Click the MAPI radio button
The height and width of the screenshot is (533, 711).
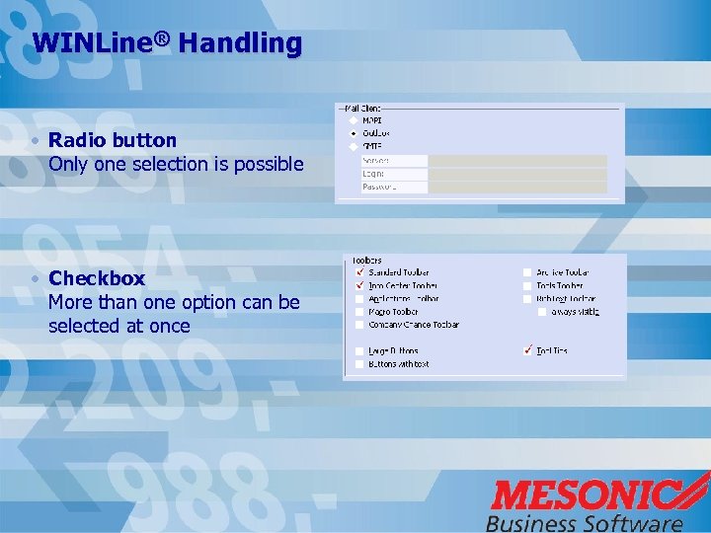point(354,120)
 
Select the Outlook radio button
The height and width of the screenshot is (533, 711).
point(354,133)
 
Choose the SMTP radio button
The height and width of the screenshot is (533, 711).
point(354,146)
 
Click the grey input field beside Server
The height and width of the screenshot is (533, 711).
point(516,161)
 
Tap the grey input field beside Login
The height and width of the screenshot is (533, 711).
point(516,174)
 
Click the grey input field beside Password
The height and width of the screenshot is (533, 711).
point(516,187)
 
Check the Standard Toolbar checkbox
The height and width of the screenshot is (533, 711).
point(358,272)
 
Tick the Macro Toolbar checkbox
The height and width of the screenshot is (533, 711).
point(358,312)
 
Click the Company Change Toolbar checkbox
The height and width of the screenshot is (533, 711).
point(358,325)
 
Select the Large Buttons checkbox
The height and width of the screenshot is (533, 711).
point(358,351)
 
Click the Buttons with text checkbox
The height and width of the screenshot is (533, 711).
point(358,364)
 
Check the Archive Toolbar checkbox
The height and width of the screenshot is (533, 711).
point(527,272)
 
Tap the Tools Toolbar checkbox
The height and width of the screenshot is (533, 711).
point(527,286)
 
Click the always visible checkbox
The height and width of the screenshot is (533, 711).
point(542,312)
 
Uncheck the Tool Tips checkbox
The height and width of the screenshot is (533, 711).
point(527,350)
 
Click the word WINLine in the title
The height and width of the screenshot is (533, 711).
point(94,43)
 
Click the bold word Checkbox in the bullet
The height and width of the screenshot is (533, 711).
point(97,278)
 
